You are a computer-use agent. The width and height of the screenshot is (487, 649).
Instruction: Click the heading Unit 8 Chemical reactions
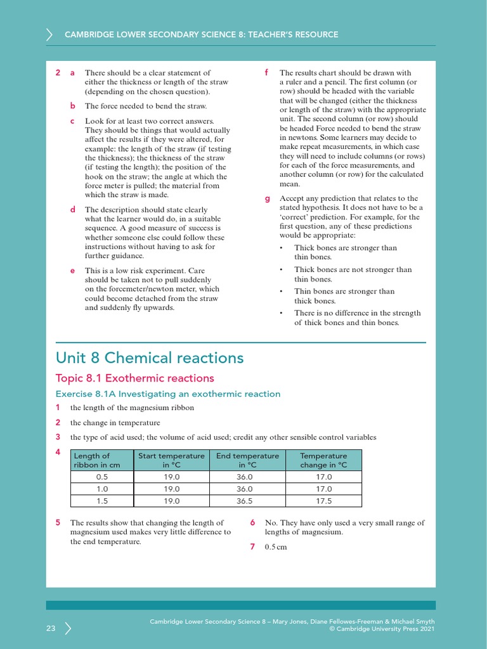point(150,358)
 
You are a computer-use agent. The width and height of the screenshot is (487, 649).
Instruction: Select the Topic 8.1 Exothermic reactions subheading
point(135,378)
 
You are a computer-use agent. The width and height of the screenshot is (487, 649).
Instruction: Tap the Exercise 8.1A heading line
point(168,394)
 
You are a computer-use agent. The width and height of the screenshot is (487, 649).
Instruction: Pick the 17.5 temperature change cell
point(323,500)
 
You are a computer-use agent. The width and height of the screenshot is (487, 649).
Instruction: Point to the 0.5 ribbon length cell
point(102,477)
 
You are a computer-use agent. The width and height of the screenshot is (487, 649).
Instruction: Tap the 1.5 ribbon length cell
point(102,500)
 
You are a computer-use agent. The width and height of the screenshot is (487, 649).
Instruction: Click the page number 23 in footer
point(51,628)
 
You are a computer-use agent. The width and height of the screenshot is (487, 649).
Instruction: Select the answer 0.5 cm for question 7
point(276,547)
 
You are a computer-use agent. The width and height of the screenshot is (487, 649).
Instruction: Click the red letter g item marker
point(267,199)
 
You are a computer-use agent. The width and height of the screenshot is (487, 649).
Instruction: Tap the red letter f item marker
point(267,73)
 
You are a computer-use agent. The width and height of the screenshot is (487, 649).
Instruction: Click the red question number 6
point(252,523)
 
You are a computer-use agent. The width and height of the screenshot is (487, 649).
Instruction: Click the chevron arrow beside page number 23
point(68,628)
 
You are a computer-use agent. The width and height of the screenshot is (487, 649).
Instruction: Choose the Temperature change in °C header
point(323,460)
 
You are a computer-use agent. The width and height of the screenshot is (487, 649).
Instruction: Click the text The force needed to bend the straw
point(146,106)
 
